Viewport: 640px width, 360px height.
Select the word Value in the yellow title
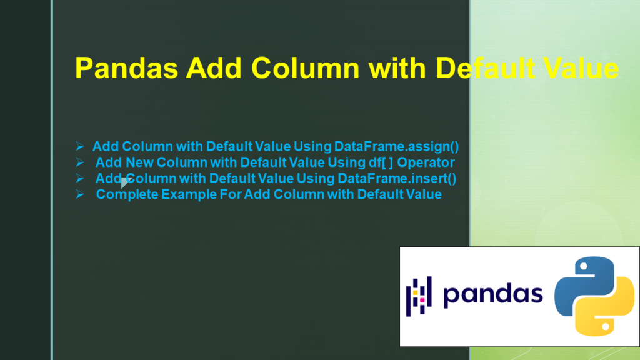581,68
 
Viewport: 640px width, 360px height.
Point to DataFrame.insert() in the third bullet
397,179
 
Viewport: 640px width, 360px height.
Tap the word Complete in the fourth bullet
127,195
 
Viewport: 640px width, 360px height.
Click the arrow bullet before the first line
79,147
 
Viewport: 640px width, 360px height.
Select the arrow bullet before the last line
79,195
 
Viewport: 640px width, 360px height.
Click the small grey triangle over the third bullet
124,182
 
